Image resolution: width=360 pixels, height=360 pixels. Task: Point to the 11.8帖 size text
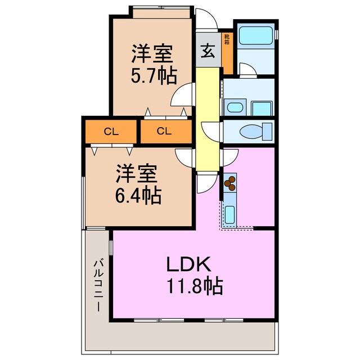(x=193, y=287)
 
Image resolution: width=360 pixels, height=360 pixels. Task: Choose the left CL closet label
(x=111, y=132)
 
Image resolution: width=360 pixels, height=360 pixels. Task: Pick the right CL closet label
(x=164, y=132)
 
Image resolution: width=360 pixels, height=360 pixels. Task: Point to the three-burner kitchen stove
(x=231, y=183)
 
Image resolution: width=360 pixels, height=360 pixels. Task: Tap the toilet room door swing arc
(x=211, y=131)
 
